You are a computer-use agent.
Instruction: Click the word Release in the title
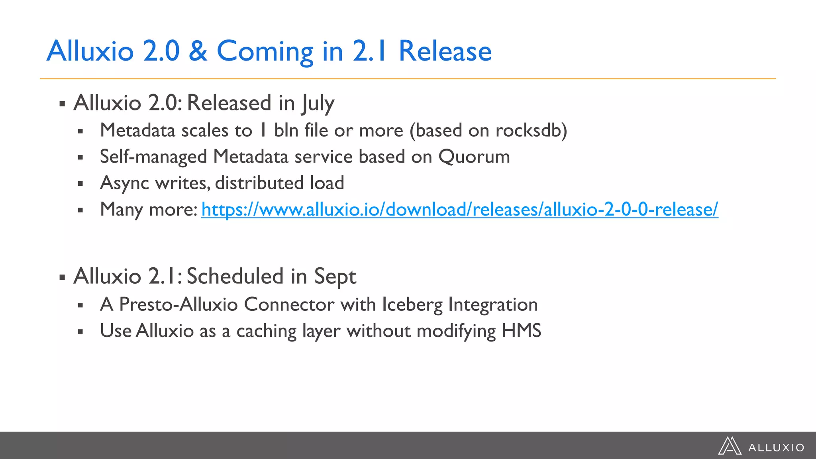coord(445,51)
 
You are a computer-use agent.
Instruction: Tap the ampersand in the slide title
coord(198,51)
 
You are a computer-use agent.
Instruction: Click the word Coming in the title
coord(265,52)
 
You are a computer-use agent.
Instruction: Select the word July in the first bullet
coord(318,104)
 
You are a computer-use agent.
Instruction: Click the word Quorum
coord(474,157)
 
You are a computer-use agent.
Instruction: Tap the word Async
coord(124,183)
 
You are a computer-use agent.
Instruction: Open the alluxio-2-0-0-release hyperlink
coord(459,210)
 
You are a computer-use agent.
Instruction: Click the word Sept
coord(335,277)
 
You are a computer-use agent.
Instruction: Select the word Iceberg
coord(412,305)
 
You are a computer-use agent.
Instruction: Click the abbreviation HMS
coord(521,331)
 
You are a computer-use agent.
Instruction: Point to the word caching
coord(267,331)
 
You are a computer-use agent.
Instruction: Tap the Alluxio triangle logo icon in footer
coord(730,446)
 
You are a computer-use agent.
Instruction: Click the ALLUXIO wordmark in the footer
coord(776,448)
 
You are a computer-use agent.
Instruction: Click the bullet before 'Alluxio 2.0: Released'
coord(62,104)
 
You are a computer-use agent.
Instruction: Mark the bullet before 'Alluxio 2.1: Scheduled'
coord(62,277)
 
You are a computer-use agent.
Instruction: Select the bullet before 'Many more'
coord(80,210)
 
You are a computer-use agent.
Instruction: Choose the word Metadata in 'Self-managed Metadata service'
coord(251,157)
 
